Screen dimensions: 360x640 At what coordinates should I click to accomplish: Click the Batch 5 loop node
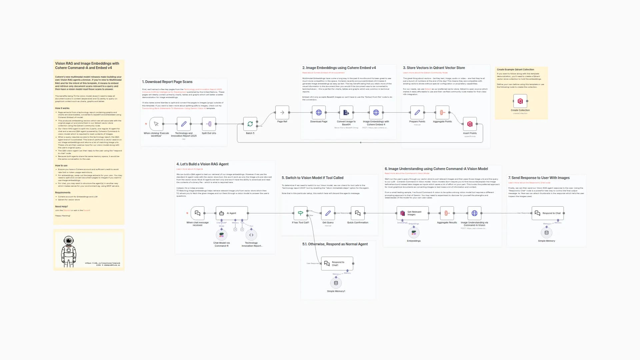[x=250, y=124]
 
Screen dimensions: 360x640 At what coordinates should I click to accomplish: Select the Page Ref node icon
[x=282, y=113]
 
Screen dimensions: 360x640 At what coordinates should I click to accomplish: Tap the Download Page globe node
[x=319, y=113]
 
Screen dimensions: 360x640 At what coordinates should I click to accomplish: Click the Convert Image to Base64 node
[x=346, y=113]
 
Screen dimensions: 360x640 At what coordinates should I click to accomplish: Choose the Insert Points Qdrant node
[x=470, y=124]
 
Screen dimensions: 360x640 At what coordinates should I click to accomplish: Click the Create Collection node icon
[x=520, y=101]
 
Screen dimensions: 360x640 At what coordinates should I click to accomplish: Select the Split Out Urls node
[x=209, y=124]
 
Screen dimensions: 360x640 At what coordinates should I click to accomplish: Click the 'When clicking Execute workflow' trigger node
[x=156, y=124]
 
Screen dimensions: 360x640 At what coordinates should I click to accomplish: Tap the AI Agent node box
[x=232, y=213]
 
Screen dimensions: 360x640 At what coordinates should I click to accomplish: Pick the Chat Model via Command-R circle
[x=221, y=235]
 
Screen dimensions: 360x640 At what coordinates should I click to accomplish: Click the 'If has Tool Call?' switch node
[x=300, y=213]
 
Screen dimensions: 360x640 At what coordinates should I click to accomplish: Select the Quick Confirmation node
[x=358, y=213]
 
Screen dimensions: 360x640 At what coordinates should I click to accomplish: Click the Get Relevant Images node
[x=412, y=213]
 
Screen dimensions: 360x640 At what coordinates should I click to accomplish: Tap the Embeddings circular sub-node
[x=414, y=233]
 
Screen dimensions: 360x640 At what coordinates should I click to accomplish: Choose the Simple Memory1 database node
[x=336, y=283]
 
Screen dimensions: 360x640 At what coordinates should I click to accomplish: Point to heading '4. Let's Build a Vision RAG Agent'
[x=202, y=164]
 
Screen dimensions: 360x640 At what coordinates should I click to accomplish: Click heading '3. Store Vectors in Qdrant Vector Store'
[x=434, y=68]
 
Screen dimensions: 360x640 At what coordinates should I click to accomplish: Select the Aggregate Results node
[x=447, y=213]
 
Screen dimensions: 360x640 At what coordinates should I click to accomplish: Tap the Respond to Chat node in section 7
[x=548, y=213]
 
